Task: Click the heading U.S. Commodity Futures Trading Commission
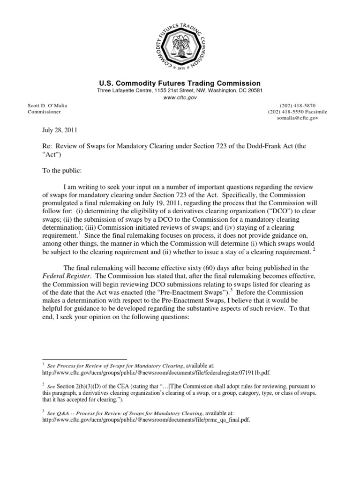click(x=180, y=83)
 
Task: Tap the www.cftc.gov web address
click(x=180, y=98)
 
